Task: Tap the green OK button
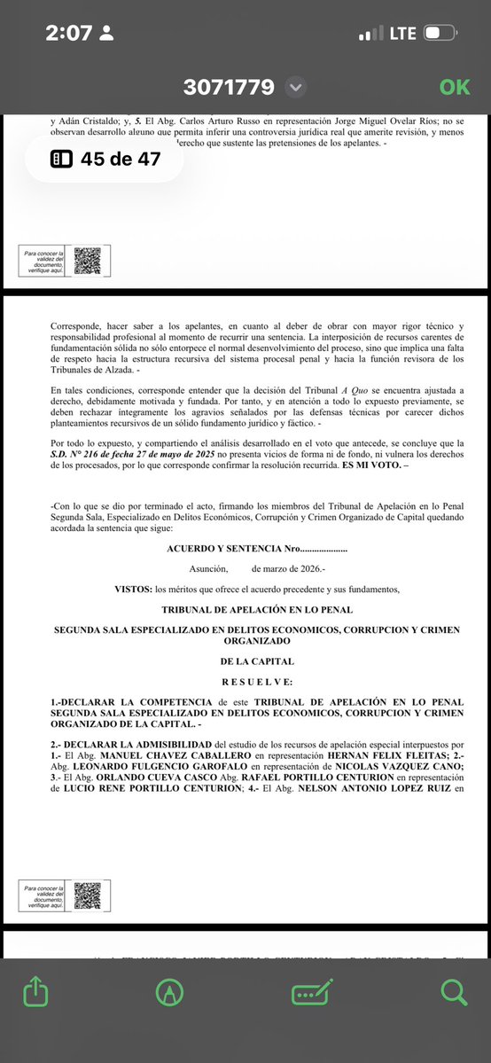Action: pos(455,87)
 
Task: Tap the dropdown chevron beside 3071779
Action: pos(296,87)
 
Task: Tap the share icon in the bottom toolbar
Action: pos(35,991)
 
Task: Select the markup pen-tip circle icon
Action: pos(168,991)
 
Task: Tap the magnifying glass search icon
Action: pos(454,991)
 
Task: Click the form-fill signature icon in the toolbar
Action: pos(312,991)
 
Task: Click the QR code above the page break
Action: pos(87,261)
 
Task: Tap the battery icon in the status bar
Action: pos(440,34)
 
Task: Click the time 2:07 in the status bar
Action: pos(69,34)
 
